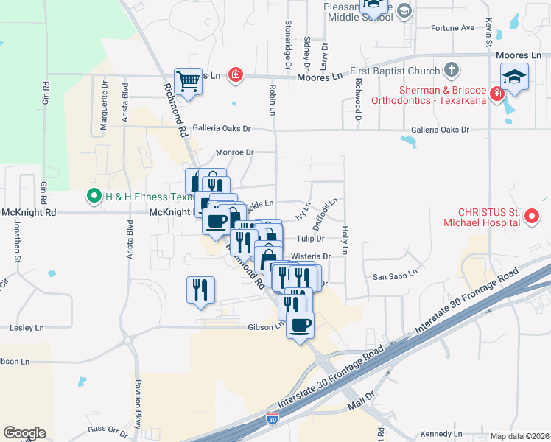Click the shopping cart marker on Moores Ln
[188, 81]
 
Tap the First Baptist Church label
[394, 71]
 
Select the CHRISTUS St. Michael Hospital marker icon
[533, 217]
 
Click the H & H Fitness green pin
[94, 197]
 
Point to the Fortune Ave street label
[453, 28]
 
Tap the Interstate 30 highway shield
[272, 419]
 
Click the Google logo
[24, 433]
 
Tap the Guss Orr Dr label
[108, 429]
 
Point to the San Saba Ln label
[395, 276]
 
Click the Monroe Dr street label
[234, 152]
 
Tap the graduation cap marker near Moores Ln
[514, 77]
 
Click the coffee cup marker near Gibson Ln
[299, 325]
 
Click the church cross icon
[452, 71]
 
